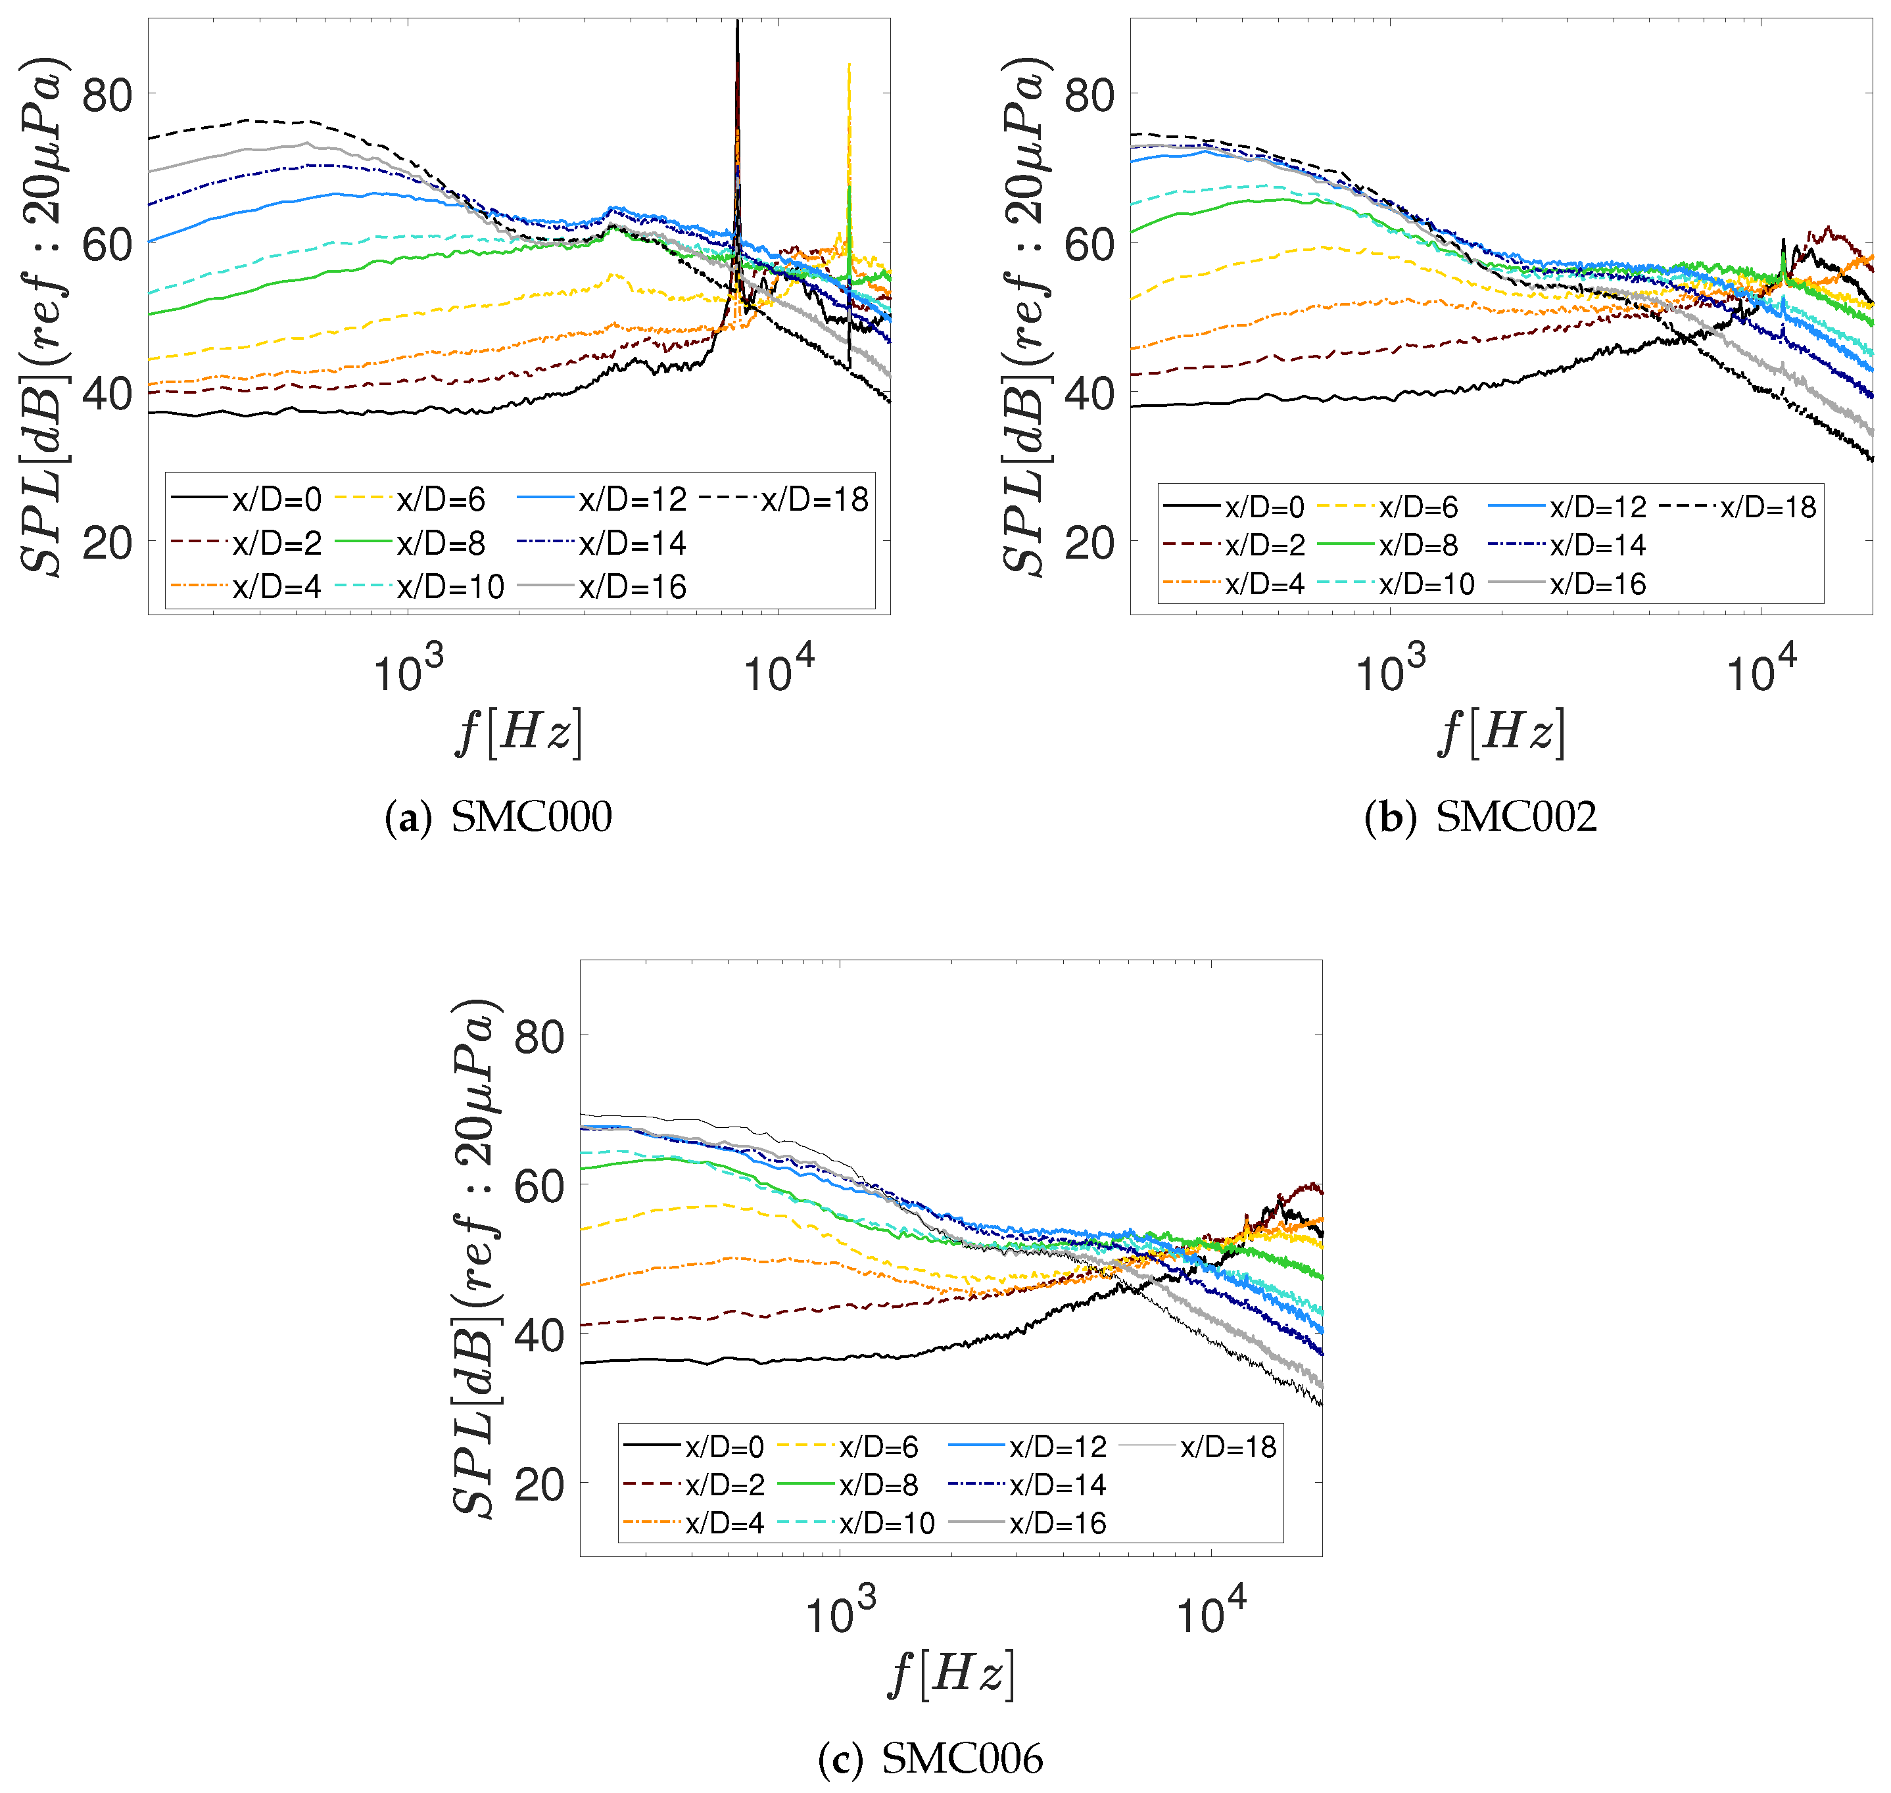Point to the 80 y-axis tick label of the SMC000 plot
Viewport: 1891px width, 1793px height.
tap(107, 95)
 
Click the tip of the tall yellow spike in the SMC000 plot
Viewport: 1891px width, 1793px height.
tap(849, 65)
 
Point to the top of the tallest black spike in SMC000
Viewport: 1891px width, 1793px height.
tap(737, 22)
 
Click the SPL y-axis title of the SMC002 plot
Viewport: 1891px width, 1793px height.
tap(1027, 315)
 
